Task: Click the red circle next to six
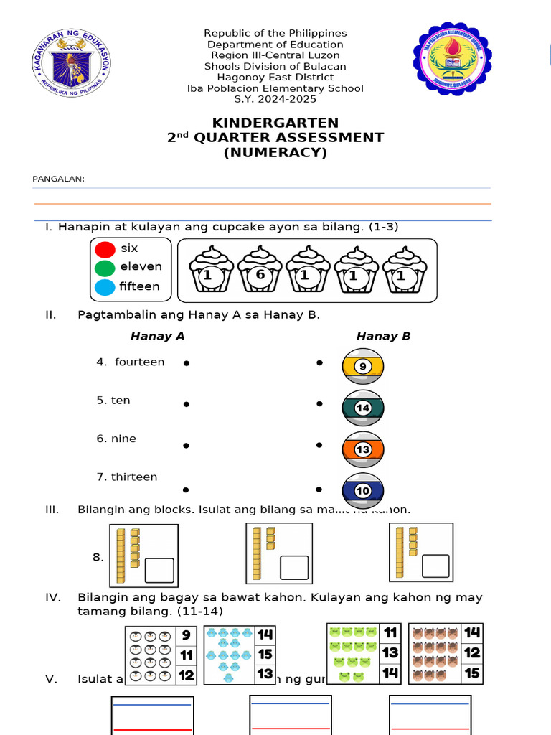point(105,249)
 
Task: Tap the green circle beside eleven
point(105,268)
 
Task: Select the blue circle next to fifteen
point(105,288)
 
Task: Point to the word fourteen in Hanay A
point(139,362)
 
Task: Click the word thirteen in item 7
point(134,477)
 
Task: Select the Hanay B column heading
point(383,336)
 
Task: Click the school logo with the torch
point(452,59)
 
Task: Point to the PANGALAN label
point(59,179)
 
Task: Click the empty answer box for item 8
point(159,570)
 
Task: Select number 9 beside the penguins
point(186,635)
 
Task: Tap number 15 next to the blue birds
point(265,655)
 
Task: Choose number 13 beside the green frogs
point(390,653)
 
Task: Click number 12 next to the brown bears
point(472,653)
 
